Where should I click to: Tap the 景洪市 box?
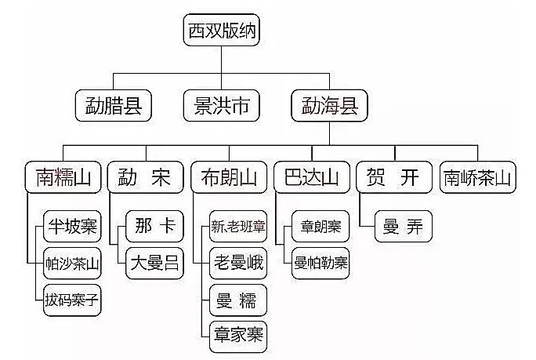[221, 106]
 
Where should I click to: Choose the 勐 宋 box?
[143, 178]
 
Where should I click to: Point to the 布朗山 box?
[227, 178]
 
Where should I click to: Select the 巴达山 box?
[311, 178]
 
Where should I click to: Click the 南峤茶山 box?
[478, 178]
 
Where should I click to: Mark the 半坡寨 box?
[72, 227]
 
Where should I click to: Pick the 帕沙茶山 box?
[72, 264]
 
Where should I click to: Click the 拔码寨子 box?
[72, 300]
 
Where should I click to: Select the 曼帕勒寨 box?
[321, 264]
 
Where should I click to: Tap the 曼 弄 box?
[404, 227]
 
